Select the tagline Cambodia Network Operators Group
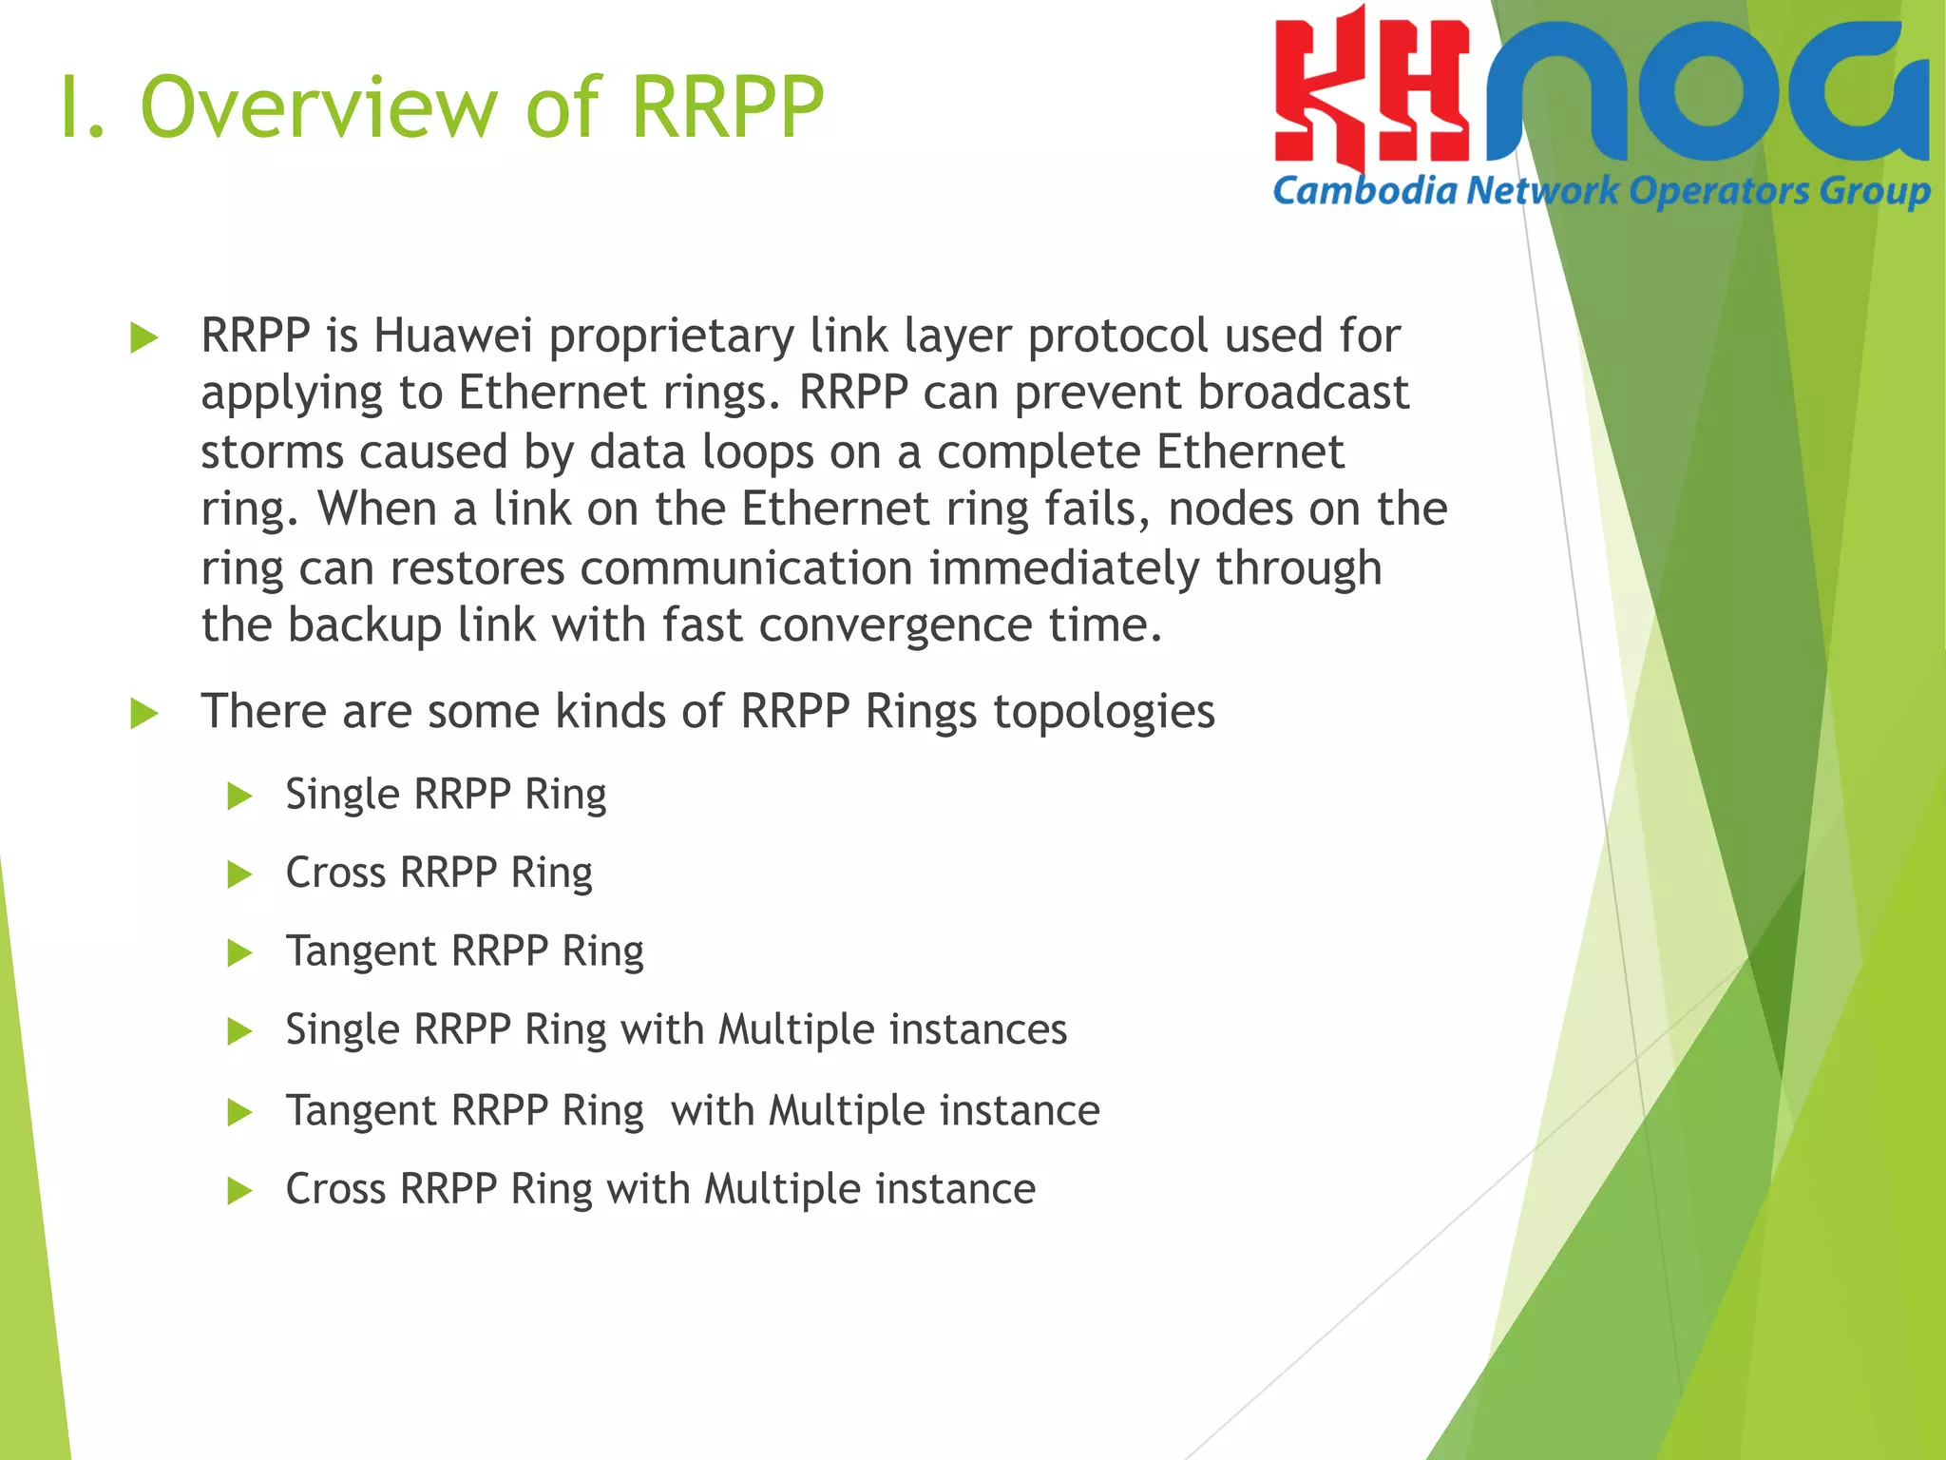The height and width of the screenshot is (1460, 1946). pyautogui.click(x=1601, y=191)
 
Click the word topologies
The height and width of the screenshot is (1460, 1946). pyautogui.click(x=1103, y=712)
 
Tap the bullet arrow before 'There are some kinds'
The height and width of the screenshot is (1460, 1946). pyautogui.click(x=143, y=713)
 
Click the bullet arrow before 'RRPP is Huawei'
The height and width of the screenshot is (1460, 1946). pyautogui.click(x=143, y=337)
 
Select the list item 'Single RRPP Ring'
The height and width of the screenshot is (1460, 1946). pyautogui.click(x=446, y=795)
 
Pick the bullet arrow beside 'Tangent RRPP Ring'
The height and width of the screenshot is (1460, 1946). pyautogui.click(x=240, y=952)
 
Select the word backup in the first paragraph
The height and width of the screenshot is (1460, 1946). pyautogui.click(x=364, y=626)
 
